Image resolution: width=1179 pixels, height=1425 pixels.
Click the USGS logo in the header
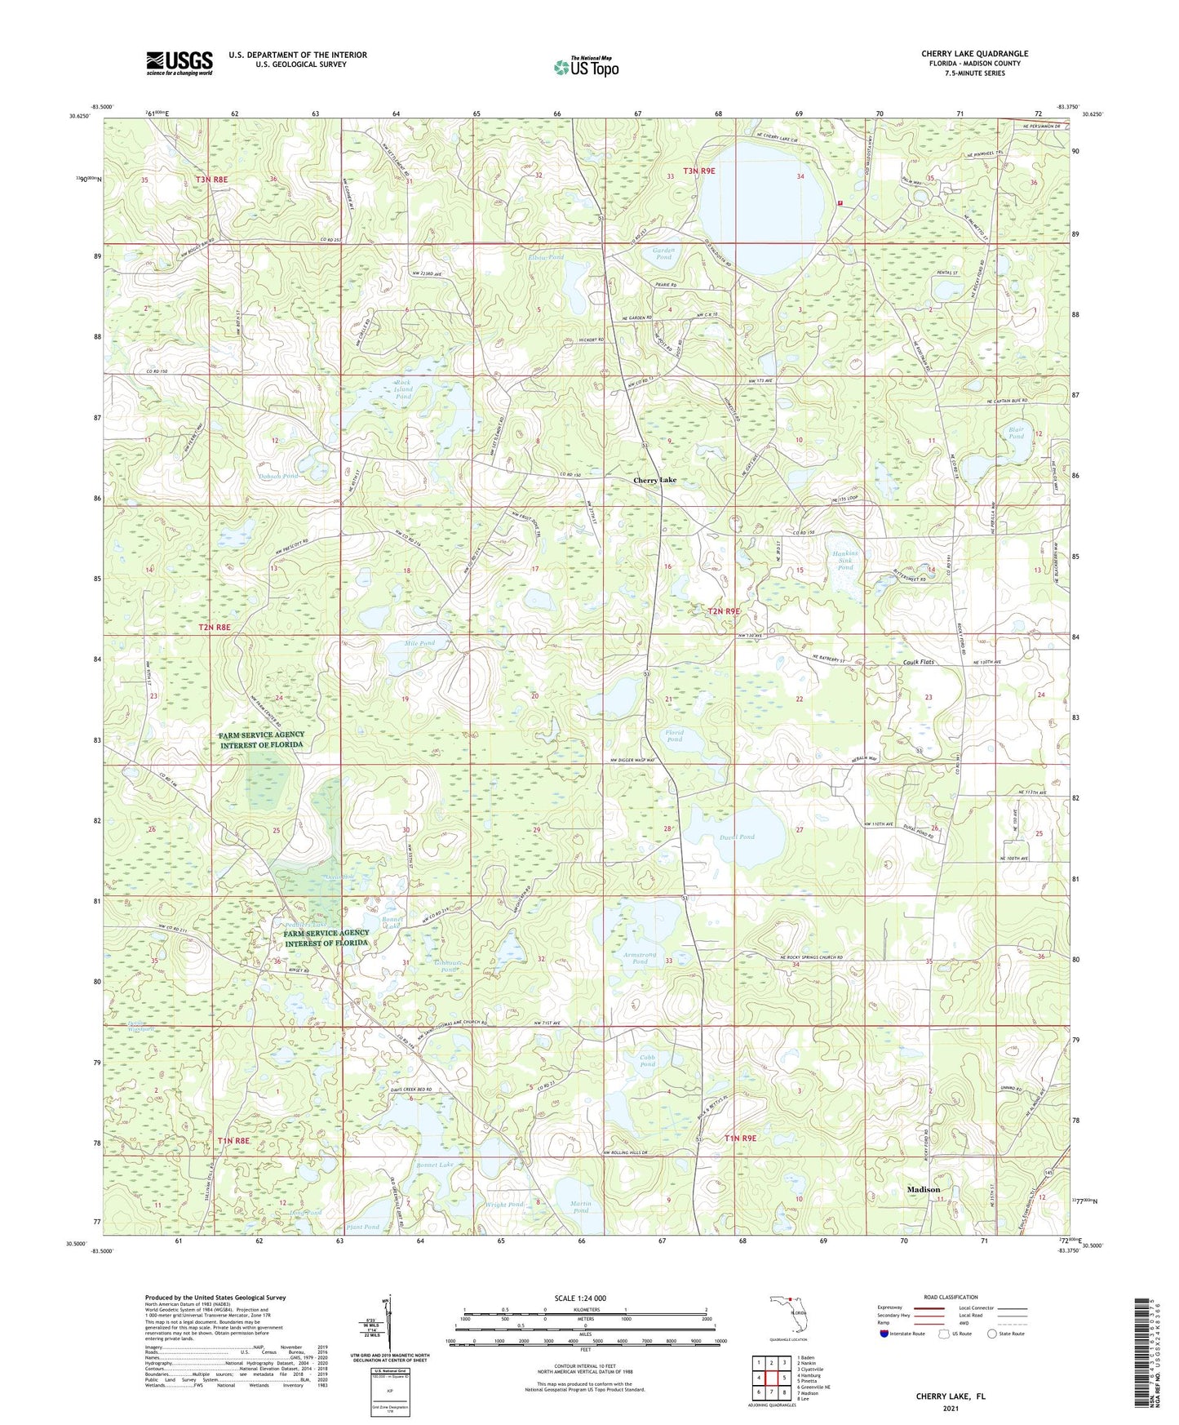click(x=180, y=62)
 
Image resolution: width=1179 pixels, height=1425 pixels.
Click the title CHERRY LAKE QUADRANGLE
click(x=974, y=54)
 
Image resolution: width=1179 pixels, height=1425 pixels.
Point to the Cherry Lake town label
click(x=654, y=481)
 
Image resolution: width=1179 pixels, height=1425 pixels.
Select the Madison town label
click(x=924, y=1189)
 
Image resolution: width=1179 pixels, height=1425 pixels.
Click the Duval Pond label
click(x=737, y=837)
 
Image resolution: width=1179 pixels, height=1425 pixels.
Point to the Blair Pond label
click(x=1016, y=433)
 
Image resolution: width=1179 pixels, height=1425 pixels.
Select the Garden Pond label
click(x=663, y=253)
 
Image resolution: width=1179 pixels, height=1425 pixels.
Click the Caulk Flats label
click(x=918, y=662)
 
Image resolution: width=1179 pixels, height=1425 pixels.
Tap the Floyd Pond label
click(x=674, y=736)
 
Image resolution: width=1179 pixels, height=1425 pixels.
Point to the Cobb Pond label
click(x=647, y=1060)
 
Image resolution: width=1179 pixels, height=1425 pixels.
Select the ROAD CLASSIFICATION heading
click(x=951, y=1297)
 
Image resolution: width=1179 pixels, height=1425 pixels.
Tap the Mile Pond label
click(x=419, y=643)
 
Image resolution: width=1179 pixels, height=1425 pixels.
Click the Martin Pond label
click(x=580, y=1207)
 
